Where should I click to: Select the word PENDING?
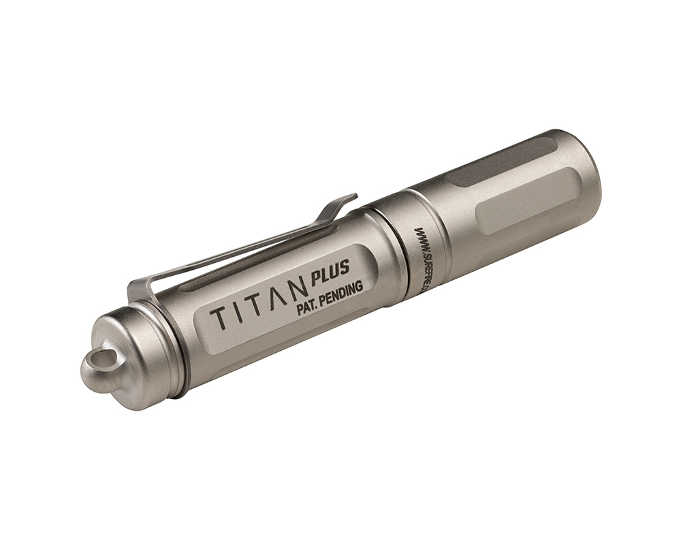click(341, 294)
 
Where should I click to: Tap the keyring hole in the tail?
click(98, 356)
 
